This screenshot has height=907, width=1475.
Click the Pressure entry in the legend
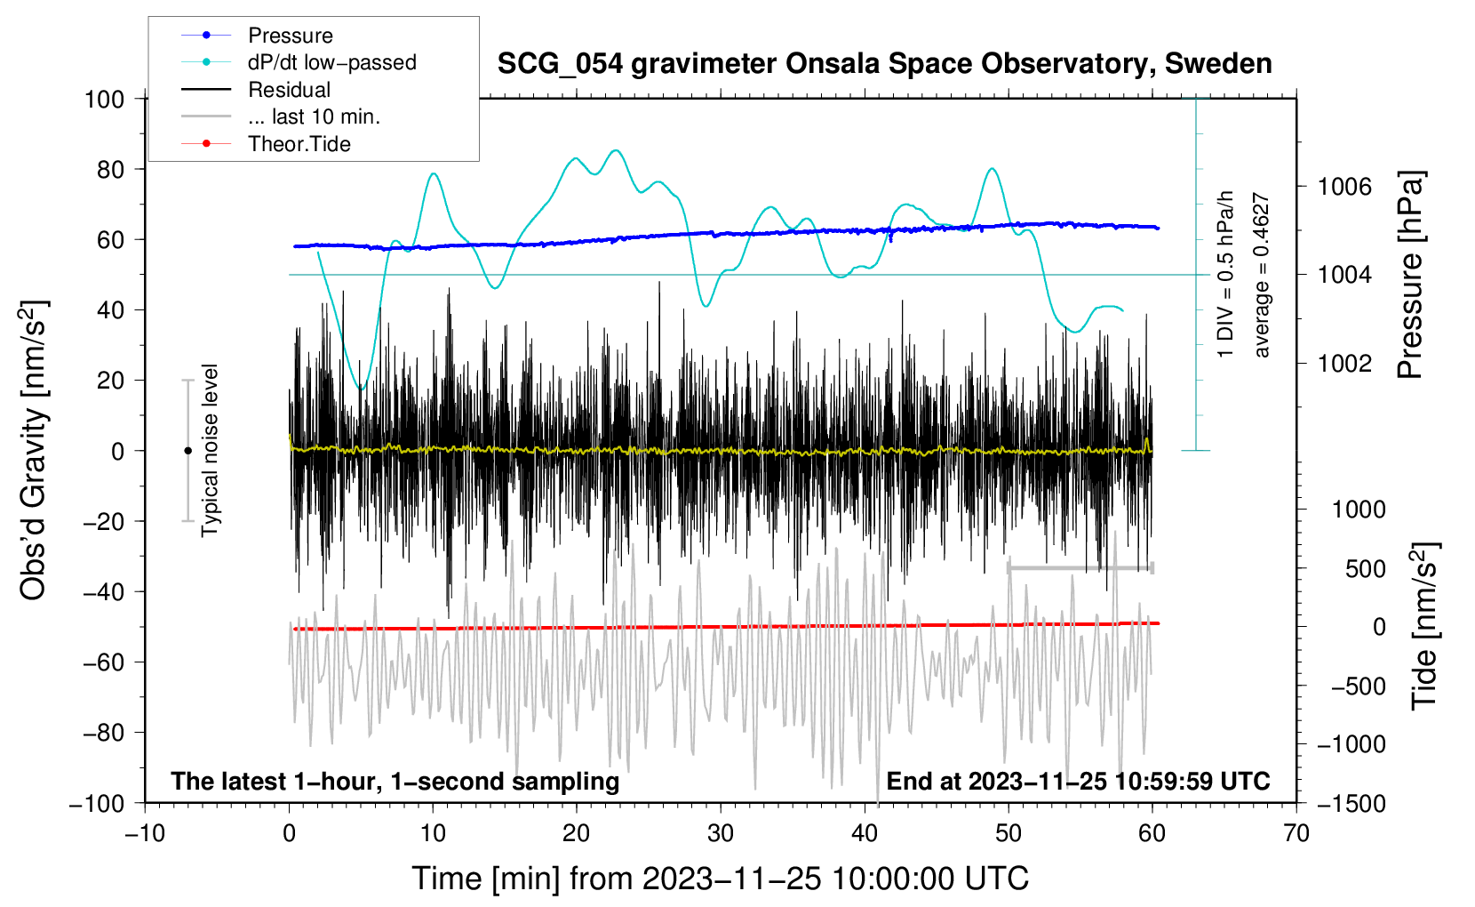coord(290,36)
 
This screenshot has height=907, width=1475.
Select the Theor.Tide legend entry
coord(299,144)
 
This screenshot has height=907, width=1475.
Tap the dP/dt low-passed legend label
coord(331,62)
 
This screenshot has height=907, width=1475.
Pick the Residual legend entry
coord(289,90)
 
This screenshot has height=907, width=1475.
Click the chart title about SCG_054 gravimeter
coord(884,64)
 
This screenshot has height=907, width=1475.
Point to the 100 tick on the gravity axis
coord(104,99)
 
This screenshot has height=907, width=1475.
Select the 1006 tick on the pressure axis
coord(1344,187)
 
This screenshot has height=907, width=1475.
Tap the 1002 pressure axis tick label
coord(1344,363)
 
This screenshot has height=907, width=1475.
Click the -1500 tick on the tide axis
coord(1351,803)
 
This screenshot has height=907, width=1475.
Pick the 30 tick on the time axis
coord(721,833)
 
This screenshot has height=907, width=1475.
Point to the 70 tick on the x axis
coord(1296,833)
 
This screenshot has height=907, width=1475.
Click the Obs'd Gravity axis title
coord(33,451)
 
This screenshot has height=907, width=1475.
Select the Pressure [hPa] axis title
coord(1411,276)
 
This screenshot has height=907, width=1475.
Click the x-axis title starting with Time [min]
coord(721,879)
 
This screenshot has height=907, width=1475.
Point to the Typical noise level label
coord(210,451)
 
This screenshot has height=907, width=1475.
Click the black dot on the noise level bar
coord(187,451)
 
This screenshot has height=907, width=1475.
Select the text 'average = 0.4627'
coord(1262,276)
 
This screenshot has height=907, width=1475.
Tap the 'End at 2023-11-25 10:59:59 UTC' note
coord(1078,782)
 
